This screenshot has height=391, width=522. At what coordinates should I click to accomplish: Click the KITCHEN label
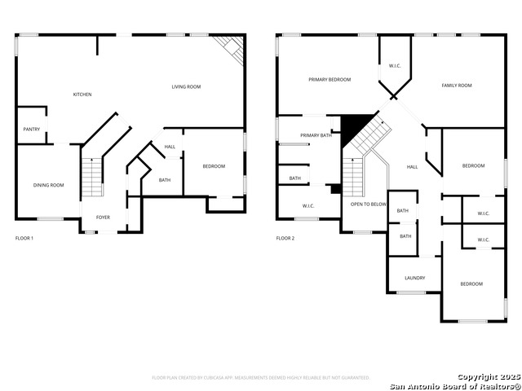[82, 94]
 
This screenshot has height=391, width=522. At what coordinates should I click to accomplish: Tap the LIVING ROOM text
[186, 86]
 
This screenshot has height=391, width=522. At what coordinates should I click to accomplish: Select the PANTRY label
[32, 130]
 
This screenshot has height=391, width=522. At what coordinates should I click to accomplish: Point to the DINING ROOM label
[48, 186]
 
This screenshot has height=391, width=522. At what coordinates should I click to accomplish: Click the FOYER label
[104, 217]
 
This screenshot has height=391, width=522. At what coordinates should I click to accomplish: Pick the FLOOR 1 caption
[25, 239]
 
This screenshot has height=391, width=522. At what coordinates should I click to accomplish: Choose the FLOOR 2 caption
[285, 239]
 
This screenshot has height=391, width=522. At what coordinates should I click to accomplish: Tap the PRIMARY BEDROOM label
[330, 80]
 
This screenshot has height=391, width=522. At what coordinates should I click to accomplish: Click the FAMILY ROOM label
[457, 86]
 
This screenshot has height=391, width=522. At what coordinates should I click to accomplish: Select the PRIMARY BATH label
[316, 135]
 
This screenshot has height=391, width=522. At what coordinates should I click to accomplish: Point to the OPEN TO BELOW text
[368, 204]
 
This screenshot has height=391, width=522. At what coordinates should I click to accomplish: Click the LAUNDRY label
[414, 278]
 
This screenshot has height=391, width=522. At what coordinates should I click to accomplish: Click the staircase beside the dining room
[92, 178]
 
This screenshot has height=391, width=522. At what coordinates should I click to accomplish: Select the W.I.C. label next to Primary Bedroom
[395, 66]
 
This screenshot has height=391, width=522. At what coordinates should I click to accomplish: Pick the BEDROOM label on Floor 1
[214, 166]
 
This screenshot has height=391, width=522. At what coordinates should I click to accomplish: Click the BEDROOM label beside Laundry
[471, 284]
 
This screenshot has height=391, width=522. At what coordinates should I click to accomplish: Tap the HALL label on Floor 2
[413, 167]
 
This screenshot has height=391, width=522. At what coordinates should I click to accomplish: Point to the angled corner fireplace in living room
[232, 49]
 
